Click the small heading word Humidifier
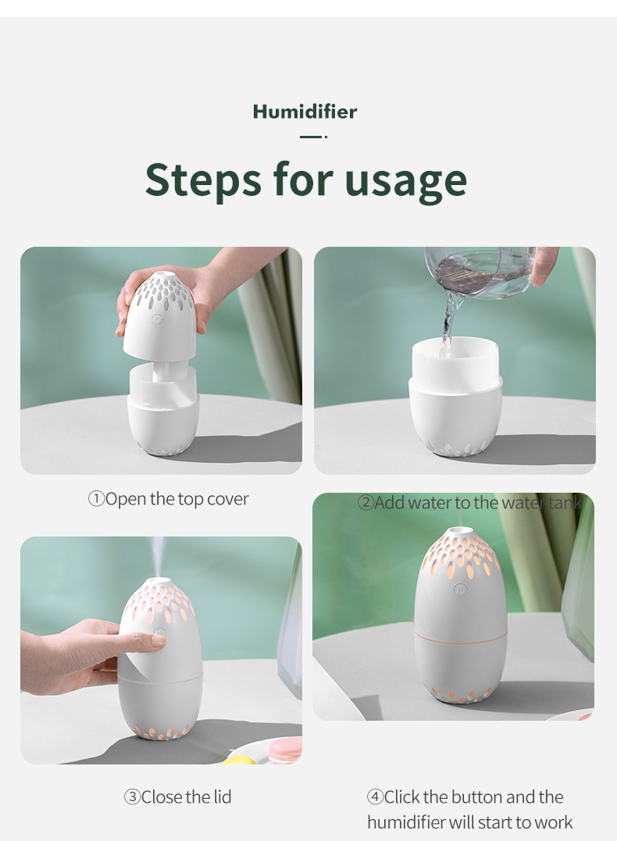(305, 112)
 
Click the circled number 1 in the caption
(96, 499)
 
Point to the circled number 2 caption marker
(366, 503)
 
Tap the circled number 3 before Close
(132, 797)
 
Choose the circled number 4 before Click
(375, 797)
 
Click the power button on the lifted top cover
(157, 319)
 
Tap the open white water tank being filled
(455, 397)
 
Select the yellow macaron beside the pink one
(240, 759)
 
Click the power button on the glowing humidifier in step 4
(460, 590)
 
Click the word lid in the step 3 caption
(222, 797)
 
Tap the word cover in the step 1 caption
(228, 499)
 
